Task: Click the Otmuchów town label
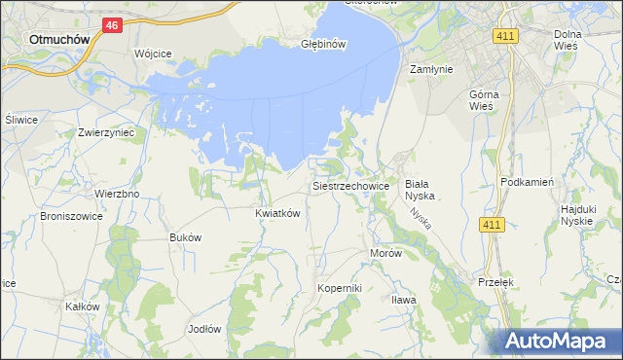click(59, 39)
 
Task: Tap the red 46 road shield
click(112, 26)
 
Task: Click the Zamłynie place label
click(432, 69)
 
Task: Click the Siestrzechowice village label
click(350, 185)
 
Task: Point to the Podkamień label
click(527, 182)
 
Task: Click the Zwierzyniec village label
click(106, 131)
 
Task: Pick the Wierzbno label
click(117, 194)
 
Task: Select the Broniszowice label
click(72, 217)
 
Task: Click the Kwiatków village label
click(276, 212)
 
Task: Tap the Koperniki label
click(340, 288)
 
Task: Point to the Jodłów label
click(204, 329)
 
